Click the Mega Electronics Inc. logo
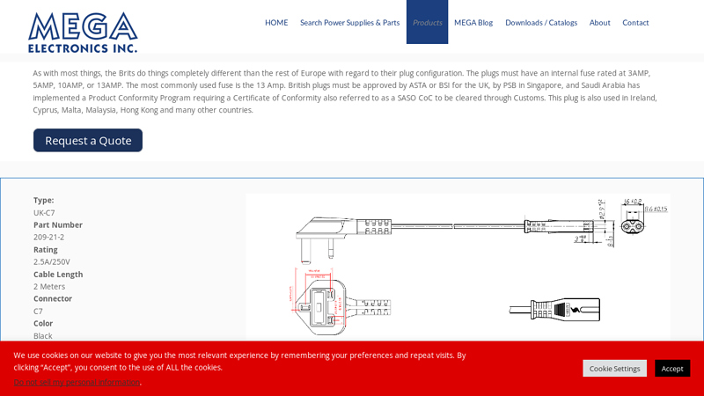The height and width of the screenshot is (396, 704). pos(83,32)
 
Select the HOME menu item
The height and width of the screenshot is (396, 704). pos(276,23)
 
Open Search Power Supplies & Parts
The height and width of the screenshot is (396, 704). pos(349,23)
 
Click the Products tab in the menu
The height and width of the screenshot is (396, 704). pos(427,23)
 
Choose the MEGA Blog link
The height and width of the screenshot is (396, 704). pos(473,23)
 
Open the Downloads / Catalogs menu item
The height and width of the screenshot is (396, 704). pos(541,23)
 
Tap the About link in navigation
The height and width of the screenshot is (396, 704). pos(599,23)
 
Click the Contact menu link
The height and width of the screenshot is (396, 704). pos(635,23)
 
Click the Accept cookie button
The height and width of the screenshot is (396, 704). pos(671,368)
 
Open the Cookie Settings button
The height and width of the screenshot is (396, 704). pos(614,368)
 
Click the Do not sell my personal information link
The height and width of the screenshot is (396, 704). pos(77,382)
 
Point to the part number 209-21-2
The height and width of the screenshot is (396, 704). pos(48,237)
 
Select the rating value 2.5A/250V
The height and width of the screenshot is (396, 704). pos(52,261)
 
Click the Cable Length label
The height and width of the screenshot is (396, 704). pos(58,274)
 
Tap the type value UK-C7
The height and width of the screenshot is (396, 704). pos(44,212)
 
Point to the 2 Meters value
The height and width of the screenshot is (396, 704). pos(49,286)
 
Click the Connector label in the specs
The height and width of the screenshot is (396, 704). pos(53,298)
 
